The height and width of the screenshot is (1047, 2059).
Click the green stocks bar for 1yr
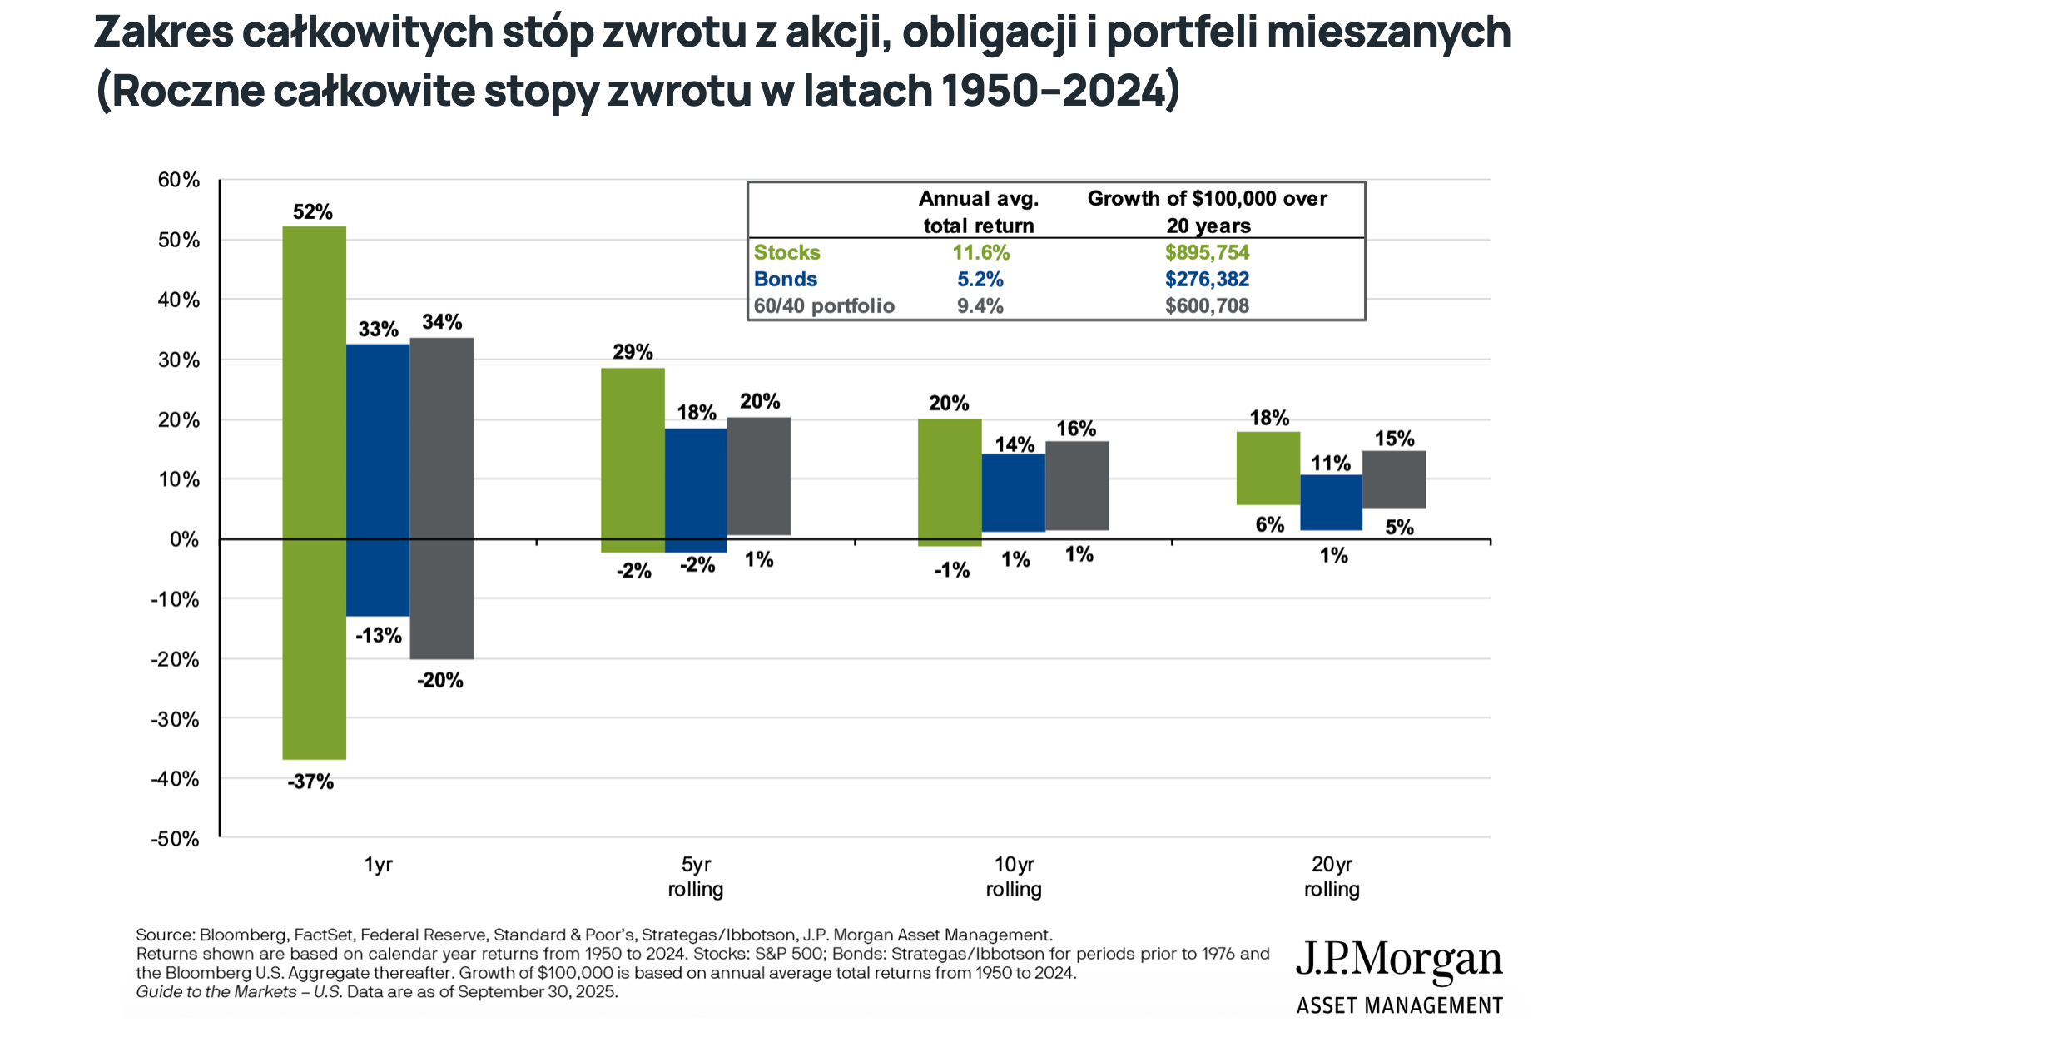(x=314, y=491)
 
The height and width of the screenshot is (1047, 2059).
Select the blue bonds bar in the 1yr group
(x=378, y=479)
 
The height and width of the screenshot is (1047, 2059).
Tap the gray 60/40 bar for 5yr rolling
(x=758, y=476)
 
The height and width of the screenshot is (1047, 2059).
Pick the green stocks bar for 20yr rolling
(x=1268, y=468)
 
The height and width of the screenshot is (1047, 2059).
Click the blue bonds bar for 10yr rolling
(x=1013, y=493)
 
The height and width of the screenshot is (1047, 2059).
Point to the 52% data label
(x=312, y=212)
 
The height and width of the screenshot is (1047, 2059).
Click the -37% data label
(x=310, y=782)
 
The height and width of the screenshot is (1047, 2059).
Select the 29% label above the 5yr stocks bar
(x=633, y=352)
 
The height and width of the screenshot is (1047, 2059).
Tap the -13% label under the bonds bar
(x=379, y=636)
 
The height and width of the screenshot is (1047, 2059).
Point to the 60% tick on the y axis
(x=179, y=180)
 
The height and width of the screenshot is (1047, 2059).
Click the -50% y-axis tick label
(x=176, y=839)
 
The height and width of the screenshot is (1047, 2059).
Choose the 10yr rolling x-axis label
(x=1014, y=876)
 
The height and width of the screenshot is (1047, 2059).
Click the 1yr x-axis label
(x=378, y=865)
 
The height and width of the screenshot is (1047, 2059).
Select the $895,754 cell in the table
(x=1207, y=252)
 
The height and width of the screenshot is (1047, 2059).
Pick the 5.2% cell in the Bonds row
(x=980, y=279)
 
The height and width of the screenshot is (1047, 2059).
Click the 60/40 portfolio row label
(x=824, y=306)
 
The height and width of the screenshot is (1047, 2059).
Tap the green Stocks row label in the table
(x=786, y=252)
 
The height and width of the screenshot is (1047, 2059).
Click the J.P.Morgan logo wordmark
(x=1398, y=960)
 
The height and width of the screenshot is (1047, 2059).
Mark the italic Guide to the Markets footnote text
(x=238, y=992)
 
